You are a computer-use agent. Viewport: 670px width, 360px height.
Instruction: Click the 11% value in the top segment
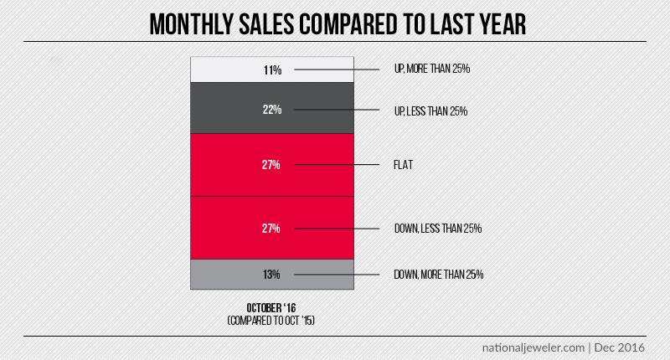pyautogui.click(x=271, y=69)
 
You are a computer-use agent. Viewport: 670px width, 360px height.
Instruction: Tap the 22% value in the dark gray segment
pyautogui.click(x=271, y=110)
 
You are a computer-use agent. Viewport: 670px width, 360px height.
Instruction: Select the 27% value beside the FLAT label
pyautogui.click(x=271, y=165)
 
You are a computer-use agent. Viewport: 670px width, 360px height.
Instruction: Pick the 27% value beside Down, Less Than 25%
pyautogui.click(x=271, y=228)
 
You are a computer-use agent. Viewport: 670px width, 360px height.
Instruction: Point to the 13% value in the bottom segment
pyautogui.click(x=271, y=274)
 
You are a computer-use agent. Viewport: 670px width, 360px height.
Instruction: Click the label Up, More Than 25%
pyautogui.click(x=431, y=69)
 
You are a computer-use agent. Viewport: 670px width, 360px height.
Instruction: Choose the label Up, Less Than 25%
pyautogui.click(x=430, y=110)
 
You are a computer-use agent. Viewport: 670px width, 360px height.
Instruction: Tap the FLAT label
pyautogui.click(x=404, y=165)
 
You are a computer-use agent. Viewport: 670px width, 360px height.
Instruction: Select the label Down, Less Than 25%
pyautogui.click(x=437, y=228)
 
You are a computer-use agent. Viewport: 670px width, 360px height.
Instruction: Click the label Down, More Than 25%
pyautogui.click(x=438, y=274)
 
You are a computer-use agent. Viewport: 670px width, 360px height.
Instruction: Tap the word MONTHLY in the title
pyautogui.click(x=193, y=23)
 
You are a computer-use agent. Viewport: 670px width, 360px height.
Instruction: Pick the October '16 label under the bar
pyautogui.click(x=271, y=308)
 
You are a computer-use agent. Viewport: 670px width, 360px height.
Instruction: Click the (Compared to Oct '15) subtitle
pyautogui.click(x=271, y=321)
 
